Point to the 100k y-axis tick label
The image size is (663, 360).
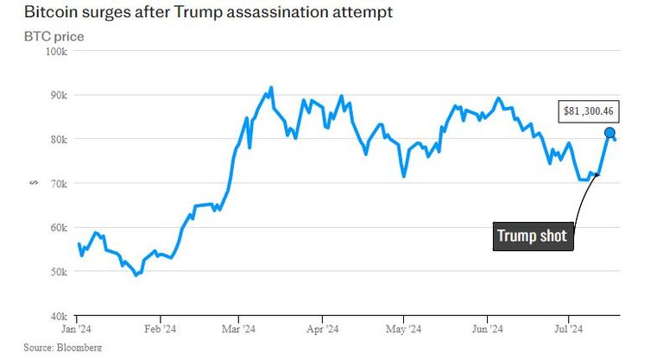point(56,51)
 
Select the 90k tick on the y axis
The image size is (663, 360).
point(58,95)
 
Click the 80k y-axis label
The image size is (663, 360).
point(58,139)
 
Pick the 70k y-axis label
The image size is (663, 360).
point(58,183)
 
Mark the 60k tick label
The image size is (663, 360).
point(58,227)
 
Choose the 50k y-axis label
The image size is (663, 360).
point(58,271)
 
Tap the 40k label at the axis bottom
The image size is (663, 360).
point(58,315)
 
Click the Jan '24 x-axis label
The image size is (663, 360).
point(78,329)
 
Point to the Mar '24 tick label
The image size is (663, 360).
point(238,329)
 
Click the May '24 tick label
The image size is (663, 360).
point(402,329)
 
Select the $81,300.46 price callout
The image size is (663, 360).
point(590,111)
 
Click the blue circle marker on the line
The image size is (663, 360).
point(609,133)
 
